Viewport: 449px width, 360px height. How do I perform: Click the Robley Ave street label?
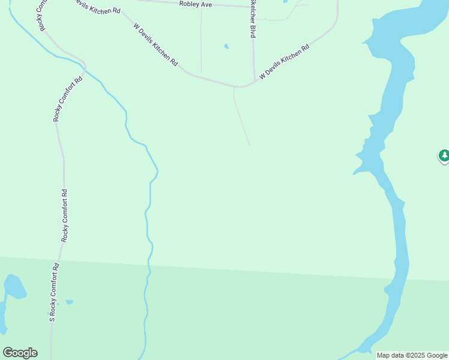[196, 4]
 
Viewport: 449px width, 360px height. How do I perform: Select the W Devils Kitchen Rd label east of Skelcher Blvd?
[284, 62]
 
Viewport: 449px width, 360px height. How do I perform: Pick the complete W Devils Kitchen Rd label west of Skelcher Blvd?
[155, 45]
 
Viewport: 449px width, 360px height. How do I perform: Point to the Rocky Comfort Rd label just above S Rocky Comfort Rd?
[65, 215]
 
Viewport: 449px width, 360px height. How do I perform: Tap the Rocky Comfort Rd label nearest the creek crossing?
[58, 100]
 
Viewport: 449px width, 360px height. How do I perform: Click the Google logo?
[20, 353]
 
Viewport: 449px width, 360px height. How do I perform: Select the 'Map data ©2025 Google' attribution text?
[412, 355]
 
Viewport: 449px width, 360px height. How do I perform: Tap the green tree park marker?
[444, 156]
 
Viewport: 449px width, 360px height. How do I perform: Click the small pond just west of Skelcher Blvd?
[226, 46]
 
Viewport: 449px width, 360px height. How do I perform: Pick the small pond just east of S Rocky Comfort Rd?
[69, 302]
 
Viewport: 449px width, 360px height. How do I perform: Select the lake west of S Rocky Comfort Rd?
[14, 287]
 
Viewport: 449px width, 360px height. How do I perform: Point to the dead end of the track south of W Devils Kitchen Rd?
[250, 145]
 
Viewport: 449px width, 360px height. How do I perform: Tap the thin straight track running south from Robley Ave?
[200, 42]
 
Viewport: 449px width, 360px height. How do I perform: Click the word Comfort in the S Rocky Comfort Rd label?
[54, 287]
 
